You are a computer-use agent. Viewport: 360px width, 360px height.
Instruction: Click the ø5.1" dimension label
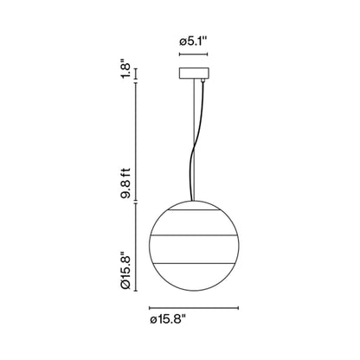[193, 42]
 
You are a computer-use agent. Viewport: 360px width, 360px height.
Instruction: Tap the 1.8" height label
[126, 69]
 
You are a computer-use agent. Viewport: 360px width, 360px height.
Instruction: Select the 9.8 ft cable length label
[126, 183]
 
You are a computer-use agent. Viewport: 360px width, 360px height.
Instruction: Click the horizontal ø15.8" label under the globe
[168, 319]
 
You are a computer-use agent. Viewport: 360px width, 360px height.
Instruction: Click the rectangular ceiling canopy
[194, 74]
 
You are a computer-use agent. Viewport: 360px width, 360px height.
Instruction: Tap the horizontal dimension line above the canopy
[193, 54]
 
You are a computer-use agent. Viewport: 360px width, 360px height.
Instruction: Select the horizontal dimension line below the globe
[194, 308]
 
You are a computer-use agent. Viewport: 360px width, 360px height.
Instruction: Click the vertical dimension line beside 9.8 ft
[136, 143]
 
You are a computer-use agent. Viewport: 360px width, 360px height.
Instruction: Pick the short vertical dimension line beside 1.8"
[136, 74]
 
